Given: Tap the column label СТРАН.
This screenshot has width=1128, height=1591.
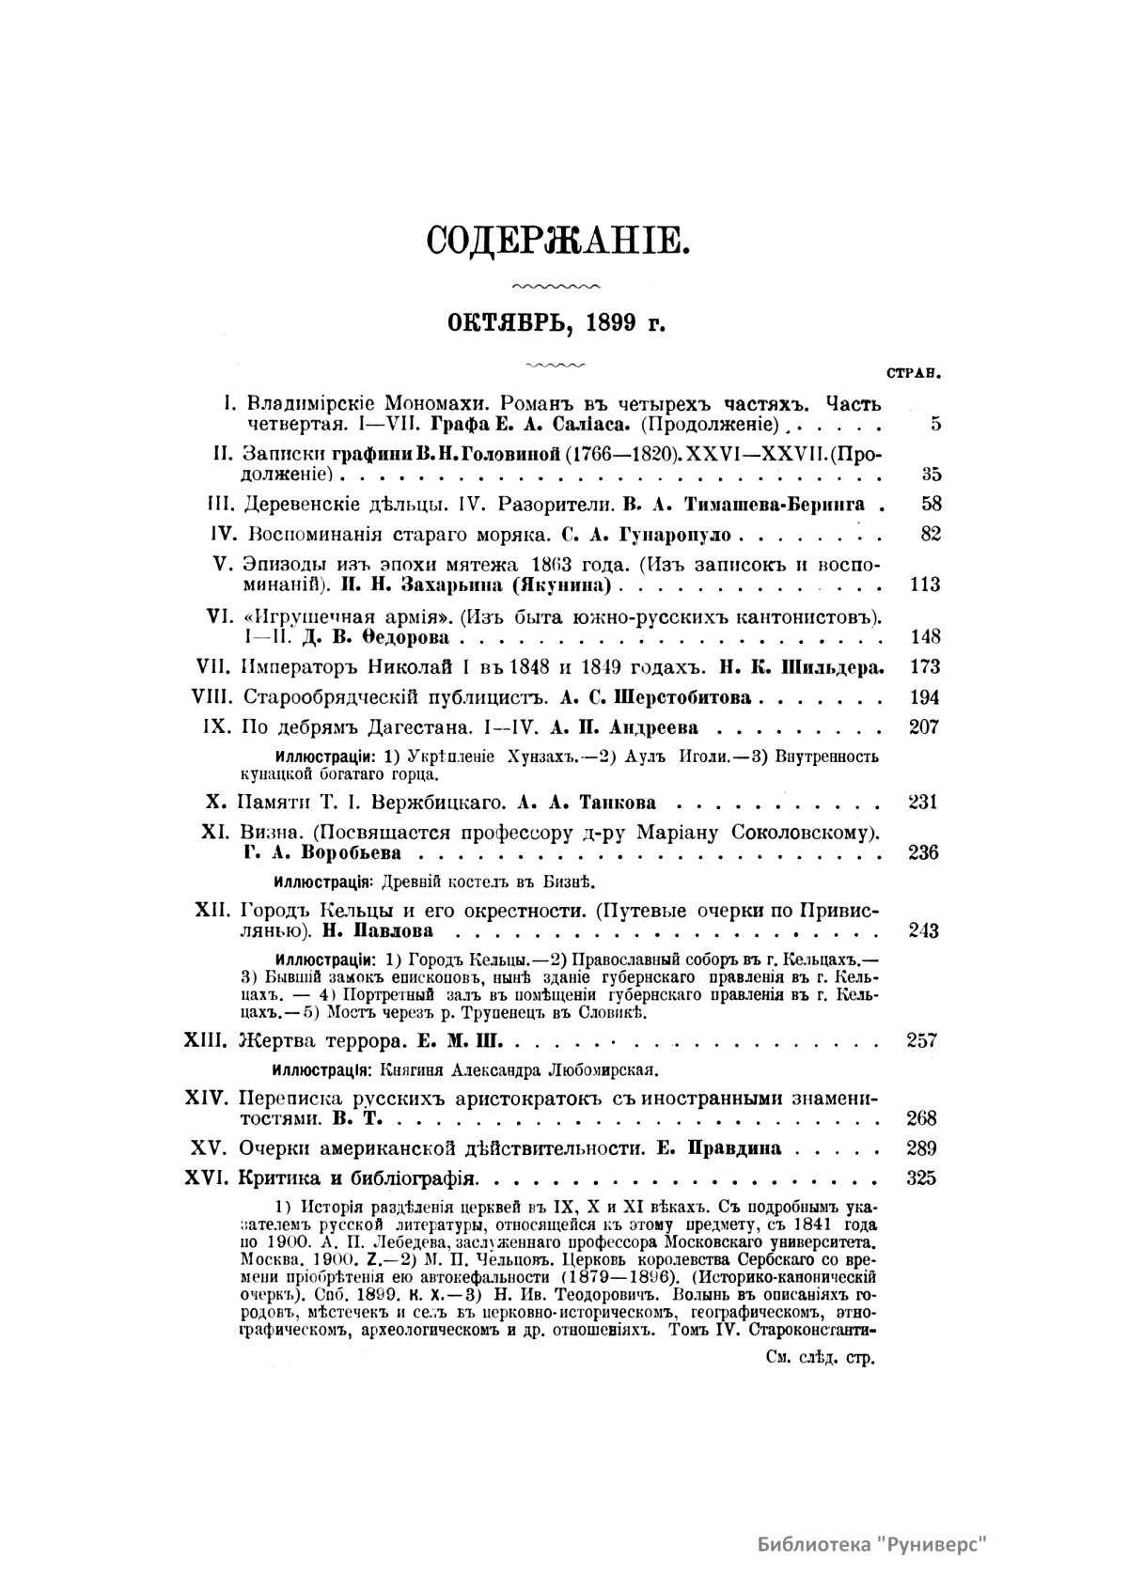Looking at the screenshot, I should [x=914, y=372].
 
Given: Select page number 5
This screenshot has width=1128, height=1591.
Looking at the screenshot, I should [x=935, y=423].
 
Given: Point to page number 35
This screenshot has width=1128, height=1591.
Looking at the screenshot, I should [x=932, y=474].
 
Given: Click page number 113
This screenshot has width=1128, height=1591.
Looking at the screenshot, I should [x=926, y=585].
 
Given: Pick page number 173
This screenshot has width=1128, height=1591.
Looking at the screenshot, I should [x=926, y=667].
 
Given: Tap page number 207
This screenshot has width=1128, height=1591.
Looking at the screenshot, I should [x=926, y=726].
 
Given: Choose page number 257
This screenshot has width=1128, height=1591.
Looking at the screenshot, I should [x=920, y=1040].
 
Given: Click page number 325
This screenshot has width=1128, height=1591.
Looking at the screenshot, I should [x=920, y=1178].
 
